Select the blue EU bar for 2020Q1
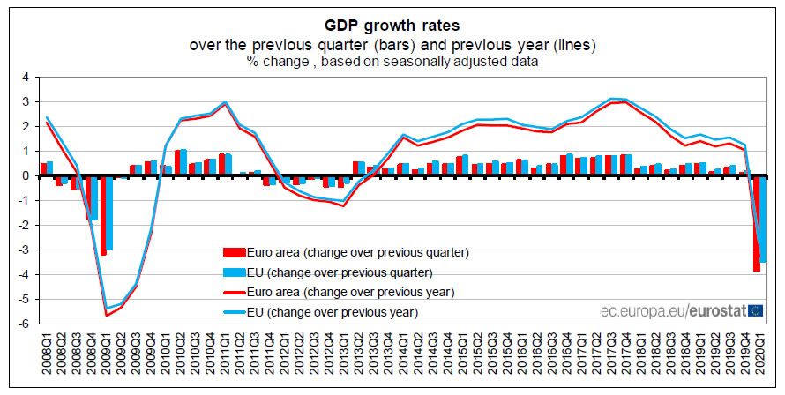[x=764, y=218]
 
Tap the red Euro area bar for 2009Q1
[x=103, y=215]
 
